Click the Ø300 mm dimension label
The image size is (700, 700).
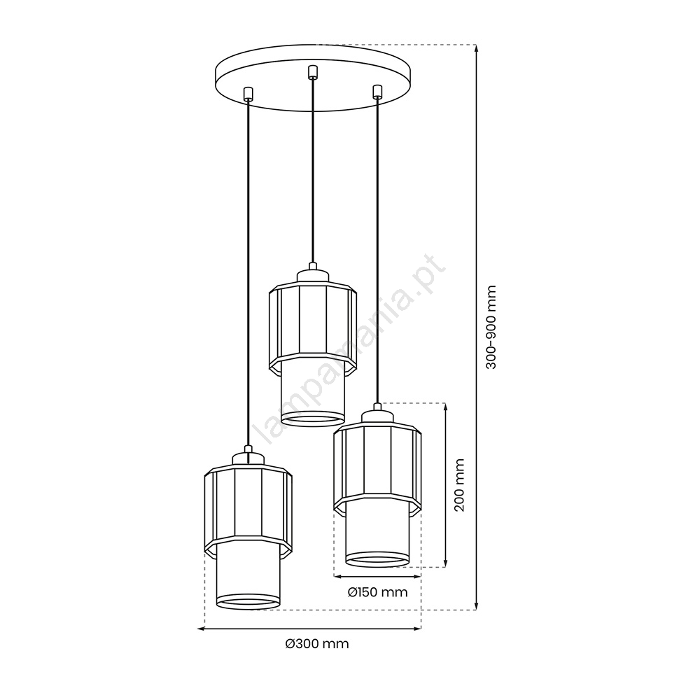point(317,644)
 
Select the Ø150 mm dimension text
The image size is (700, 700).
point(378,592)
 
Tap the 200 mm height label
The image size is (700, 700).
point(459,485)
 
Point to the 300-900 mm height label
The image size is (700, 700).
point(491,327)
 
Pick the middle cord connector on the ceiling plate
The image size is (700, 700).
point(313,73)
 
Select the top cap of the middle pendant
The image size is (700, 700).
point(313,273)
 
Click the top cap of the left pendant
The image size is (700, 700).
point(248,456)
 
